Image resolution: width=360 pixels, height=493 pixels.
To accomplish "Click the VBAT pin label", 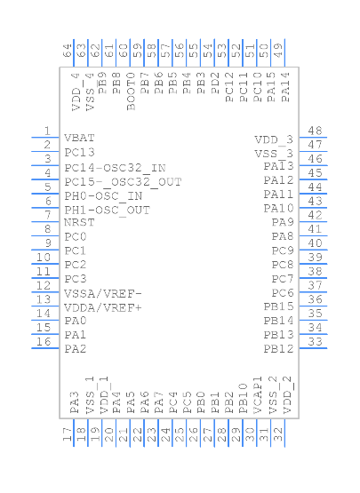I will [79, 139].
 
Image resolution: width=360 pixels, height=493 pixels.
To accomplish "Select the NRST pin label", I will [79, 223].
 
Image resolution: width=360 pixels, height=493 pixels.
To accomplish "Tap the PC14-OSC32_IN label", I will [115, 167].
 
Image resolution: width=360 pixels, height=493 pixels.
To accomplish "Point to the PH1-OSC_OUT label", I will [107, 210].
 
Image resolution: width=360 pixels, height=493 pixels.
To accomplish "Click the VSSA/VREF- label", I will [103, 293].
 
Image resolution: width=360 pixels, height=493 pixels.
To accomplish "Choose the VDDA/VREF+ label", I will [103, 307].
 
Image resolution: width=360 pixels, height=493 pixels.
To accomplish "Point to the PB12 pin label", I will [278, 349].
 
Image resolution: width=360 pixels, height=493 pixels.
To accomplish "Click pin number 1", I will [45, 131].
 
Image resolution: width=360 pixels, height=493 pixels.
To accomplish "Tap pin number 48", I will [315, 131].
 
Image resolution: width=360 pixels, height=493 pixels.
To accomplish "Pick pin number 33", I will [315, 342].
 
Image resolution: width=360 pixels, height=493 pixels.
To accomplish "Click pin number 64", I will [68, 51].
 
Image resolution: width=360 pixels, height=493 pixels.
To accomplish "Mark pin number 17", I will [68, 434].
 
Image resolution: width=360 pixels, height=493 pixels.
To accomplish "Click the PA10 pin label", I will [278, 208].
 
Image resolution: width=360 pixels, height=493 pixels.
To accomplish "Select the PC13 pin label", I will [79, 153].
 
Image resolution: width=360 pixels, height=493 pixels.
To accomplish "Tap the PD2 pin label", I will [217, 89].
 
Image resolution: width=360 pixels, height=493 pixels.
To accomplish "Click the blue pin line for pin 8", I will [46, 235].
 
